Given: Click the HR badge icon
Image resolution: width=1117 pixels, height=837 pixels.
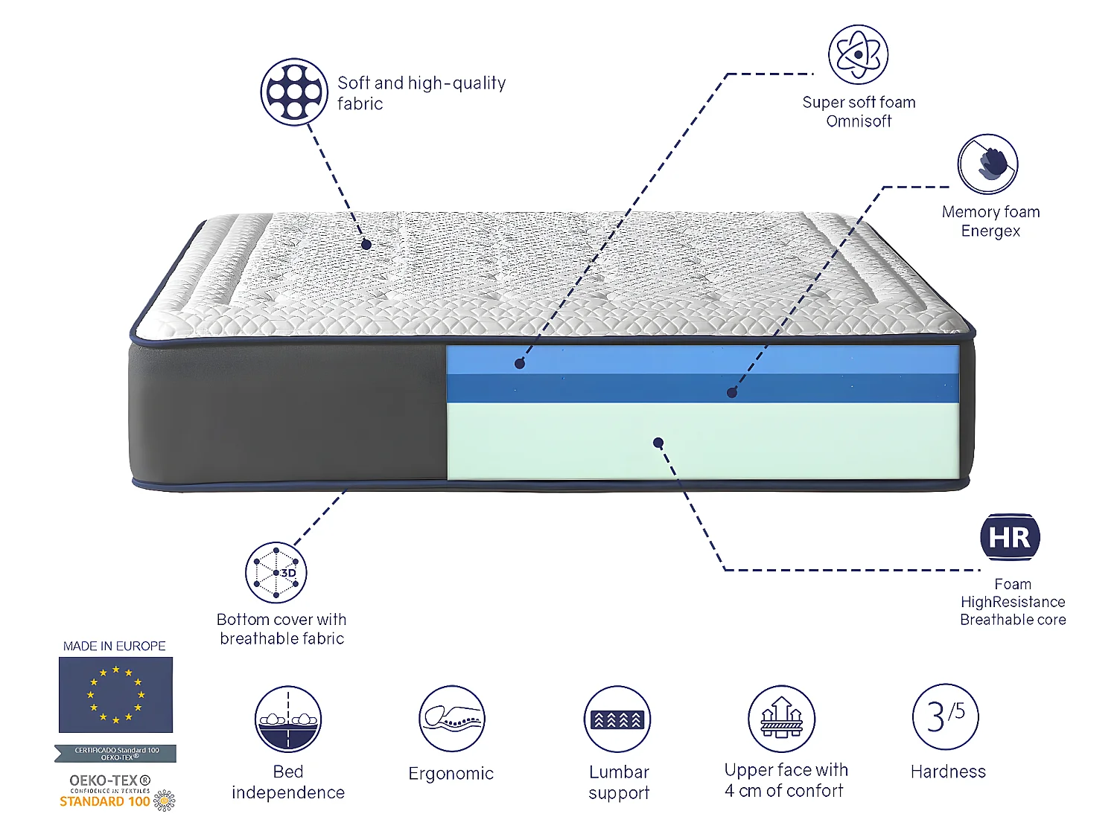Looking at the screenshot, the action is tap(1010, 536).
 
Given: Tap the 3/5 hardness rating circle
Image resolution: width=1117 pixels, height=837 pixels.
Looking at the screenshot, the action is tap(946, 716).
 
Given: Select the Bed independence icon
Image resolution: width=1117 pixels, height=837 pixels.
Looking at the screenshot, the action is tap(288, 719).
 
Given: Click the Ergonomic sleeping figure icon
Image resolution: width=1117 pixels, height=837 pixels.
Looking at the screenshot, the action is tap(452, 719).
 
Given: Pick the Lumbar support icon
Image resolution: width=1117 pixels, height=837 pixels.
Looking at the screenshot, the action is tap(617, 719).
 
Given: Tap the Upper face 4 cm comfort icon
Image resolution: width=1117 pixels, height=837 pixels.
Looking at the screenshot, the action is tap(781, 719).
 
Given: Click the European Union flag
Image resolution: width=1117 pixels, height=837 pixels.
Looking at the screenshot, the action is tap(115, 695).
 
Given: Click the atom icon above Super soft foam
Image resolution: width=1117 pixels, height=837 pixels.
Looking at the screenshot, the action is tap(859, 54).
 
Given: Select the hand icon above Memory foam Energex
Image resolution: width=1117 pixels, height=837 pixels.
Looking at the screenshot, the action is tap(988, 164).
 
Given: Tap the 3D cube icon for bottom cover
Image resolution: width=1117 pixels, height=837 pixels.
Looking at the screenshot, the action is tap(276, 572).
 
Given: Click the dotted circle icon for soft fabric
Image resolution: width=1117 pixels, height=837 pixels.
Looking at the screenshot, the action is tap(294, 92).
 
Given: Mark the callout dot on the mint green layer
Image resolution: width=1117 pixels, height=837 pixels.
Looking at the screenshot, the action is tap(658, 443).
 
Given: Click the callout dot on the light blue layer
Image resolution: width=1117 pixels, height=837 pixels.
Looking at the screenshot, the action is tap(520, 364).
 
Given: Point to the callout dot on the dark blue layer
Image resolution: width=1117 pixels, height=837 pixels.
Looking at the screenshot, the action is tap(732, 393).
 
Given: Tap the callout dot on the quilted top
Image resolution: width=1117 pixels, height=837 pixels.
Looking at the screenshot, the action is tap(366, 244).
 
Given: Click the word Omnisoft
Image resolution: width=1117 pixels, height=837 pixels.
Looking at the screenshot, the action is tap(859, 121).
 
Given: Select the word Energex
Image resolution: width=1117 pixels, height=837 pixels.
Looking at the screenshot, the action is tap(990, 231).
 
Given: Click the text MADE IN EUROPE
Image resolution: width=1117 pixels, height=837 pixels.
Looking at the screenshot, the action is tap(115, 646).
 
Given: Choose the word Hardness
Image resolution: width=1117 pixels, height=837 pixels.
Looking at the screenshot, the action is tap(948, 772).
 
